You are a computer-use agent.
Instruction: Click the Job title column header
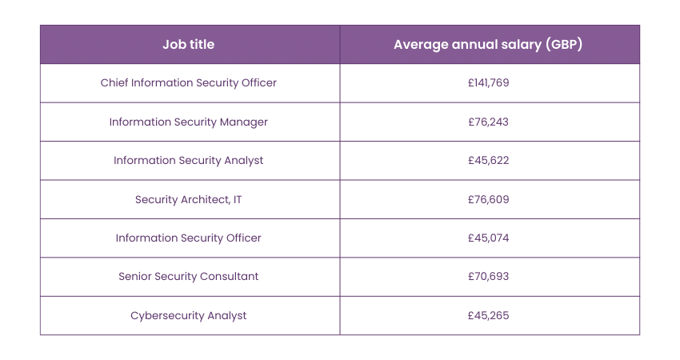coord(189,45)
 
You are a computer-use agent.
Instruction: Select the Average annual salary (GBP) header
coord(488,45)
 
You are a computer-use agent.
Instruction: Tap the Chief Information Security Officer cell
coord(189,83)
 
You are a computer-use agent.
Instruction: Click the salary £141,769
coord(488,83)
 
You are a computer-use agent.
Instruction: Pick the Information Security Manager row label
coord(189,122)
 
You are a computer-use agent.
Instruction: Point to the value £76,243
coord(488,122)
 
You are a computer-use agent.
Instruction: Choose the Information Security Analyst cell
coord(189,160)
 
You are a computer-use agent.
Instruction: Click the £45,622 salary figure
coord(488,160)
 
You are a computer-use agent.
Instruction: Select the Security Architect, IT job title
coord(189,199)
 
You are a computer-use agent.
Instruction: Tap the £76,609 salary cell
coord(488,199)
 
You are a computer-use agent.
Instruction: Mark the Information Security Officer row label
coord(189,238)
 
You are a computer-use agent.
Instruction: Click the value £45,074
coord(488,238)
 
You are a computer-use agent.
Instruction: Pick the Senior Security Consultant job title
coord(189,276)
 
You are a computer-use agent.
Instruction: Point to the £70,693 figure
coord(488,276)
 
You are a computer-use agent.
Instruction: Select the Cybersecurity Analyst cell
coord(189,315)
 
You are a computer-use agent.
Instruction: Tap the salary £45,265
coord(488,315)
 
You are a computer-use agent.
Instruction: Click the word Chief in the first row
coord(114,83)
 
